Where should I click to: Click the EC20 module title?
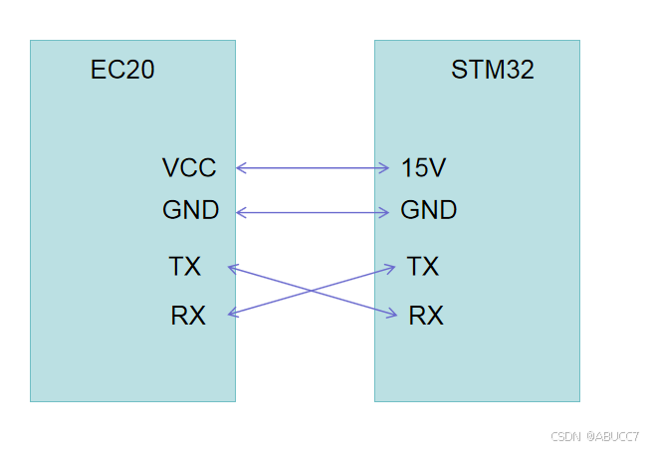click(x=122, y=70)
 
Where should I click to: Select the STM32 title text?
click(x=492, y=70)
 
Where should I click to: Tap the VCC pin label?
click(x=188, y=168)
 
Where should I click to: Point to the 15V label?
click(x=423, y=168)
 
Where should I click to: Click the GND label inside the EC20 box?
click(x=190, y=211)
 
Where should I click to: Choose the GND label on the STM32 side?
click(x=428, y=211)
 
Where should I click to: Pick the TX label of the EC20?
click(x=185, y=267)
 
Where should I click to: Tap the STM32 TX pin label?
click(x=423, y=267)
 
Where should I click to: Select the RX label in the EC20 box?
click(x=188, y=317)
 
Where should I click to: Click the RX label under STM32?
click(x=426, y=317)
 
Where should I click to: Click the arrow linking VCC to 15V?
click(x=312, y=168)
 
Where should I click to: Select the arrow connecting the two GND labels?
click(x=312, y=212)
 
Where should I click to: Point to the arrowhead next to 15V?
click(x=384, y=168)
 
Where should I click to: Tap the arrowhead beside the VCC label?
click(x=240, y=168)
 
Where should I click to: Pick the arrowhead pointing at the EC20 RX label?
click(x=233, y=315)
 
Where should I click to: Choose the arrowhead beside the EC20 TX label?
click(x=233, y=266)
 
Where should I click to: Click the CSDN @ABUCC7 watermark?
click(x=594, y=436)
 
